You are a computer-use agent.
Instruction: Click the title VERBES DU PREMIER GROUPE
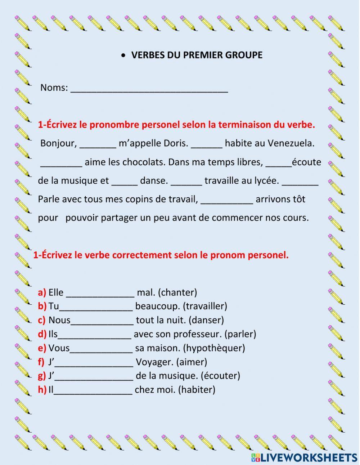197,55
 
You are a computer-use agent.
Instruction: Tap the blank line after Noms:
149,89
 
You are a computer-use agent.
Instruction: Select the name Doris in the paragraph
176,143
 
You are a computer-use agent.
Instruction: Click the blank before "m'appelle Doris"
98,145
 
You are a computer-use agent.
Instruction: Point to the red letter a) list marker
42,292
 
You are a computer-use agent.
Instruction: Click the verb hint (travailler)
205,306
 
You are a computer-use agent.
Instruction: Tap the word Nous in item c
59,320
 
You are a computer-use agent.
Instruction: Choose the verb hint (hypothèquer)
214,348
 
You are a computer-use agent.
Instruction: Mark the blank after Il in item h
93,391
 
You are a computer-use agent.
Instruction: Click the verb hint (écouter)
220,376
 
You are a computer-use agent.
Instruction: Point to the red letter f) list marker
41,362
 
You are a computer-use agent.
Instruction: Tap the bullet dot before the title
123,55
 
